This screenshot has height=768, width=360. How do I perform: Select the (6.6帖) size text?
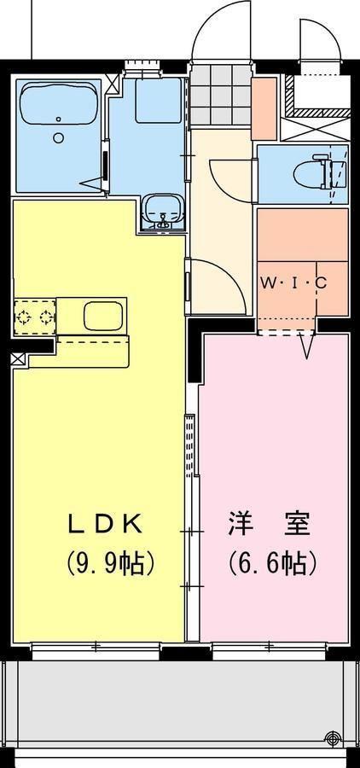272,562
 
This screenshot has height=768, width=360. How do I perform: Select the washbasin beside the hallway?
161,209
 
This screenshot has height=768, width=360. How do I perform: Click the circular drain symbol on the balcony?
332,739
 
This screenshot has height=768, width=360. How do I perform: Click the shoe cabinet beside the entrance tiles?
264,108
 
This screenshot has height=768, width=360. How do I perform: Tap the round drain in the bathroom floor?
58,137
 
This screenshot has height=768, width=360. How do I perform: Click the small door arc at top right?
319,38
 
